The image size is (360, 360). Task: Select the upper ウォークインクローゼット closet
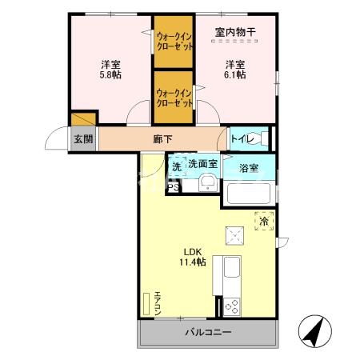click(x=174, y=41)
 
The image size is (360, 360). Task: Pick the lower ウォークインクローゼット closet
click(x=174, y=98)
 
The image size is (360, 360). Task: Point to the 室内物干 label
click(x=234, y=33)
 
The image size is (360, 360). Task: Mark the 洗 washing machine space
click(x=176, y=166)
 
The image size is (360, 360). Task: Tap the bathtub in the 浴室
click(x=250, y=194)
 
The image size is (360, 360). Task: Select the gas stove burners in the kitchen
click(x=233, y=305)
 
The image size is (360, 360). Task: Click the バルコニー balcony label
click(x=209, y=332)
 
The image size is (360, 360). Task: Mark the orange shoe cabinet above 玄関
click(x=83, y=119)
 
